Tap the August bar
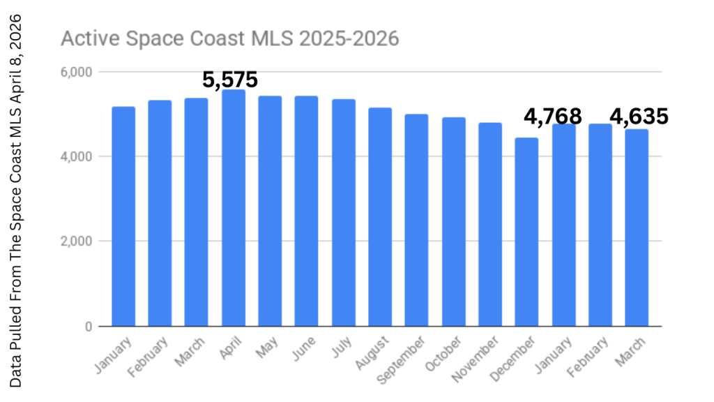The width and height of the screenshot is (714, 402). tap(380, 217)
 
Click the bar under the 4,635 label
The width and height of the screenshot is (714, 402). tap(636, 228)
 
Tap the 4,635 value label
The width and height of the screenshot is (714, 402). tap(639, 116)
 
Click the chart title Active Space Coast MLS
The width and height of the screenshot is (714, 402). tap(230, 38)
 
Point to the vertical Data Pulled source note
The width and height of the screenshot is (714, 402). tap(16, 200)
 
